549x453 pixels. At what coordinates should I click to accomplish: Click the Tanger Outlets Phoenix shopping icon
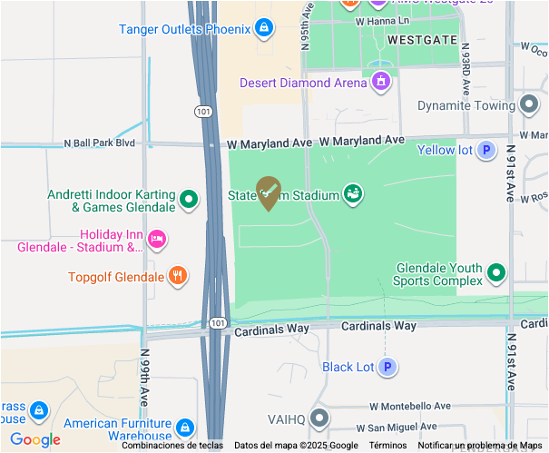point(263,29)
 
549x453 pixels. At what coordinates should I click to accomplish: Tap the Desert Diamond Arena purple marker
point(381,83)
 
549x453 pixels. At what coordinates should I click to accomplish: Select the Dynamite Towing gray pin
point(529,105)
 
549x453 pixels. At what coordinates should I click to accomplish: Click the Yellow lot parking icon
point(486,150)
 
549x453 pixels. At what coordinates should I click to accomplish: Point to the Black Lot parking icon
point(388,368)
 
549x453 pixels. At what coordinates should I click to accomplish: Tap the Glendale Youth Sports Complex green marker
point(496,272)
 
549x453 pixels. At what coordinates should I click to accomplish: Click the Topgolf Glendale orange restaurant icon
point(178,277)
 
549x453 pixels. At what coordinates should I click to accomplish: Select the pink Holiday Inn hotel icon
point(157,239)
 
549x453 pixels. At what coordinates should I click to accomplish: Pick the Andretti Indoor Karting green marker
point(189,200)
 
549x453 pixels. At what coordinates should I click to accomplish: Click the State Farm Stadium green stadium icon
point(352,192)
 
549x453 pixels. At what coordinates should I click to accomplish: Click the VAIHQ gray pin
point(319,419)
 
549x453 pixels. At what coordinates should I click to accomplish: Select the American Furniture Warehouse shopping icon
point(184,428)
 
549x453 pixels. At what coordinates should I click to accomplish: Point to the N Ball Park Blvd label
point(99,143)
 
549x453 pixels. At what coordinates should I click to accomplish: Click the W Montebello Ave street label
point(410,407)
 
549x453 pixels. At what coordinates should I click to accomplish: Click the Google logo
point(35,440)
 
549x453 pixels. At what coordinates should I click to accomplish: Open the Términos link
point(387,446)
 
